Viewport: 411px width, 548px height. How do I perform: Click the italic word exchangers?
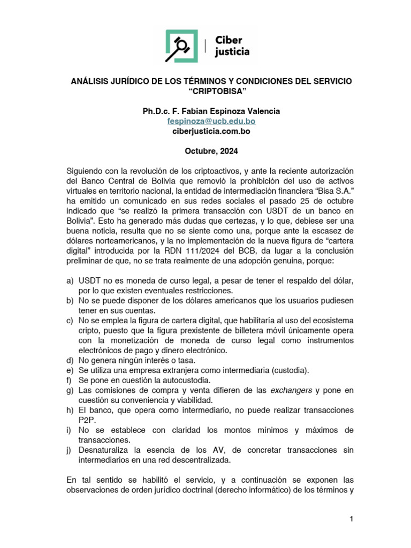[x=291, y=390]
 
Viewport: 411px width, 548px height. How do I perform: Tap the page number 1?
[x=351, y=519]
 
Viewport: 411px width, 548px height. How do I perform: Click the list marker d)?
[x=70, y=360]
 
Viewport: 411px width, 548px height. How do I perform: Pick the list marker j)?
[x=70, y=450]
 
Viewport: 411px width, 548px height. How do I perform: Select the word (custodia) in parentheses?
[x=290, y=370]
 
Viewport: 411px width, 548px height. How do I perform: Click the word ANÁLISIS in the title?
[x=92, y=81]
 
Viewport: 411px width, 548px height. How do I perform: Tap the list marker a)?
[x=70, y=280]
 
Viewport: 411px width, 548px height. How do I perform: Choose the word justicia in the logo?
[x=232, y=52]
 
